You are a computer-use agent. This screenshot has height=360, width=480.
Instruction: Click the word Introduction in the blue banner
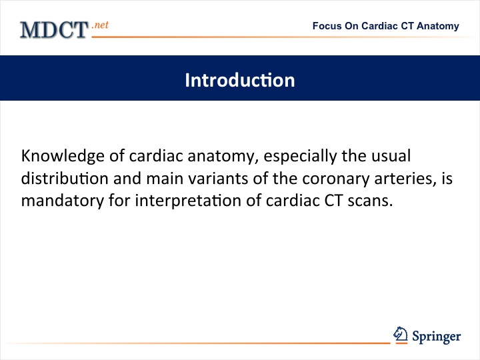click(x=240, y=80)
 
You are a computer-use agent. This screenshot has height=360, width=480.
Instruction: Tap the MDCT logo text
click(x=54, y=30)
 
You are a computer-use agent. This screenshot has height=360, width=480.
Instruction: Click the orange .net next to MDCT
click(x=100, y=25)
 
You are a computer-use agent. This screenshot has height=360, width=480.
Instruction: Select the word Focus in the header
click(x=327, y=26)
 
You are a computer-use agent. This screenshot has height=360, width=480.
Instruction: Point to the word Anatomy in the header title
click(x=438, y=26)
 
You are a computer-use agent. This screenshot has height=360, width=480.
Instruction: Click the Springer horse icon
click(x=401, y=334)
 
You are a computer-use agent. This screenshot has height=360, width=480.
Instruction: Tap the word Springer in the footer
click(x=437, y=337)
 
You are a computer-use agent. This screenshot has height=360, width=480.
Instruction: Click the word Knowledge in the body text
click(x=63, y=156)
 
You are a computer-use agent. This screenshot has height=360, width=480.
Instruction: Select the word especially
click(x=300, y=156)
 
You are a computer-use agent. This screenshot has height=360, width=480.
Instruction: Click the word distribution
click(x=65, y=178)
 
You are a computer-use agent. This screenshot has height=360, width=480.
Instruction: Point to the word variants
click(x=218, y=179)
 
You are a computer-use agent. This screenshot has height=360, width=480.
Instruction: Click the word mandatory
click(x=63, y=201)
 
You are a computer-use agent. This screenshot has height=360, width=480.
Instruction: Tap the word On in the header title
click(x=351, y=26)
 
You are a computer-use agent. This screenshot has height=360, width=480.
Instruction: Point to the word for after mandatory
click(x=119, y=201)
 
